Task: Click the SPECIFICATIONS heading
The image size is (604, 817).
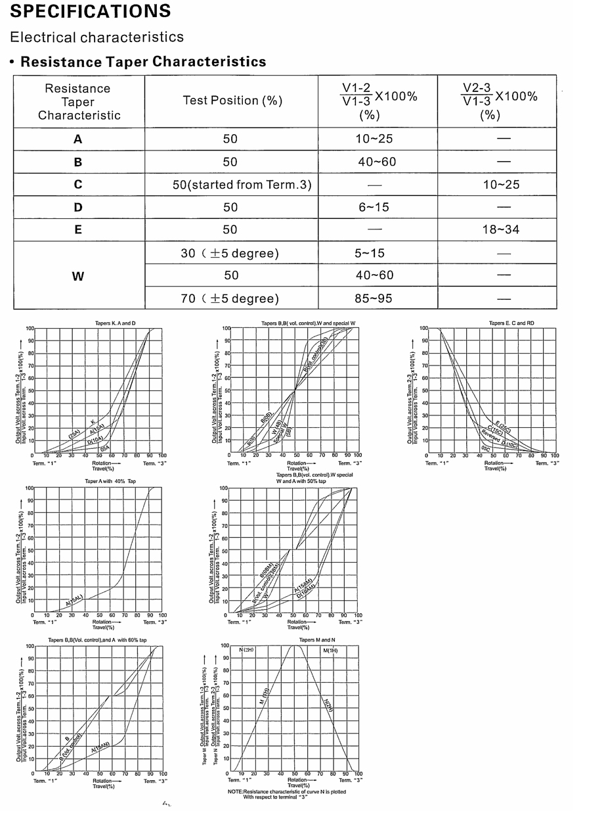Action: tap(91, 11)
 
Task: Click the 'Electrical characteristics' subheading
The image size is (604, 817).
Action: tap(97, 37)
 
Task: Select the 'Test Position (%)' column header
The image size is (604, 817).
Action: tap(232, 101)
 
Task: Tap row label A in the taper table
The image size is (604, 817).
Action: tap(78, 139)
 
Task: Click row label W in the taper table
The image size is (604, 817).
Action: tap(78, 276)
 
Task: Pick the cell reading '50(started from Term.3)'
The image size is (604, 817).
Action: tap(242, 185)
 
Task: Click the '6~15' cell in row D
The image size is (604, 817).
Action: tap(374, 208)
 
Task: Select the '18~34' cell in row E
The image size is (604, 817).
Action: tap(501, 229)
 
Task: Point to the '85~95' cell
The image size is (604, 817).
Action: tap(374, 298)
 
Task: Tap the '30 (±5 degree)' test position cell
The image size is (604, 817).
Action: tap(230, 253)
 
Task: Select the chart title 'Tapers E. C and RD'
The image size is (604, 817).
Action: tap(511, 323)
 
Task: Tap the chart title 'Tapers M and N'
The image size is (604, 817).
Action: tap(317, 640)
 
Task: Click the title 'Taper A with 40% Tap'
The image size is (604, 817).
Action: tap(110, 482)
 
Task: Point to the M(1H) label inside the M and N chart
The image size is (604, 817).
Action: tap(330, 650)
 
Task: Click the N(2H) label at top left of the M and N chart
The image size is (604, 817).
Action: tap(246, 650)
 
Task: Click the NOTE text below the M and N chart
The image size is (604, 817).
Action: tap(286, 795)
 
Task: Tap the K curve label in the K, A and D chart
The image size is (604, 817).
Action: tap(93, 421)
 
